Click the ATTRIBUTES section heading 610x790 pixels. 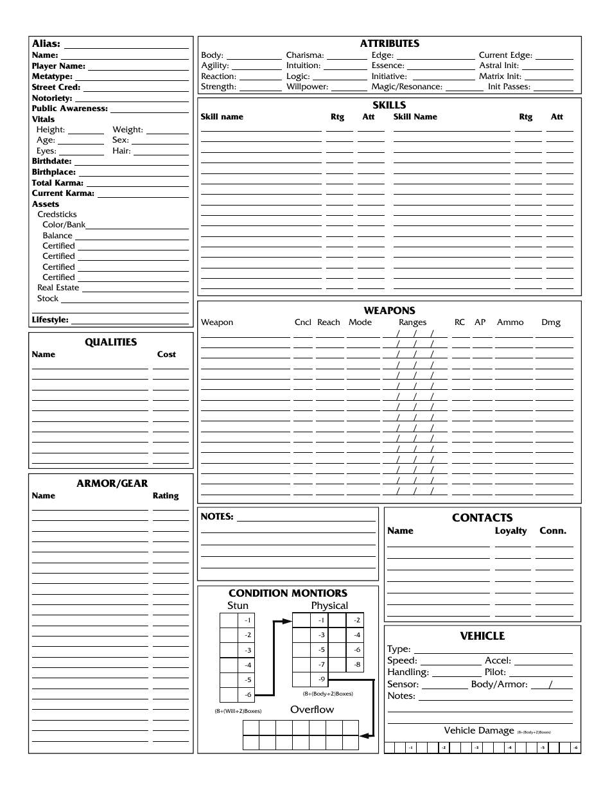[389, 44]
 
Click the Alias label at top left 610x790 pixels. [46, 44]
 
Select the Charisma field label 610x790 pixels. [305, 55]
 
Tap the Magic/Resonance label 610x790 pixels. [406, 87]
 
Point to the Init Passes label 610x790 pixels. [509, 87]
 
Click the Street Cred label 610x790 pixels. [56, 87]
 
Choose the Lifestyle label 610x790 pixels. [50, 320]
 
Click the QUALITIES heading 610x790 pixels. [111, 342]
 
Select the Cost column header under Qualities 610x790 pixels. [166, 355]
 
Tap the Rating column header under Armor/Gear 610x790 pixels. [166, 496]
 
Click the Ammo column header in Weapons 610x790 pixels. [510, 322]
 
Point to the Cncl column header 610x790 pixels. [302, 322]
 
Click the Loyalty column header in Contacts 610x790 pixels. [510, 531]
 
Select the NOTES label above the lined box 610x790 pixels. [217, 516]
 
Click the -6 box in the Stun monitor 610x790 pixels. [247, 695]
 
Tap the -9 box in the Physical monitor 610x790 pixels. [320, 680]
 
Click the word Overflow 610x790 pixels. [312, 710]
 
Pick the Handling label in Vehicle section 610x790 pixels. [408, 672]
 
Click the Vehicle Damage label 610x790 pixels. [479, 730]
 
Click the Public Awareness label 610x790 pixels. [69, 109]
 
